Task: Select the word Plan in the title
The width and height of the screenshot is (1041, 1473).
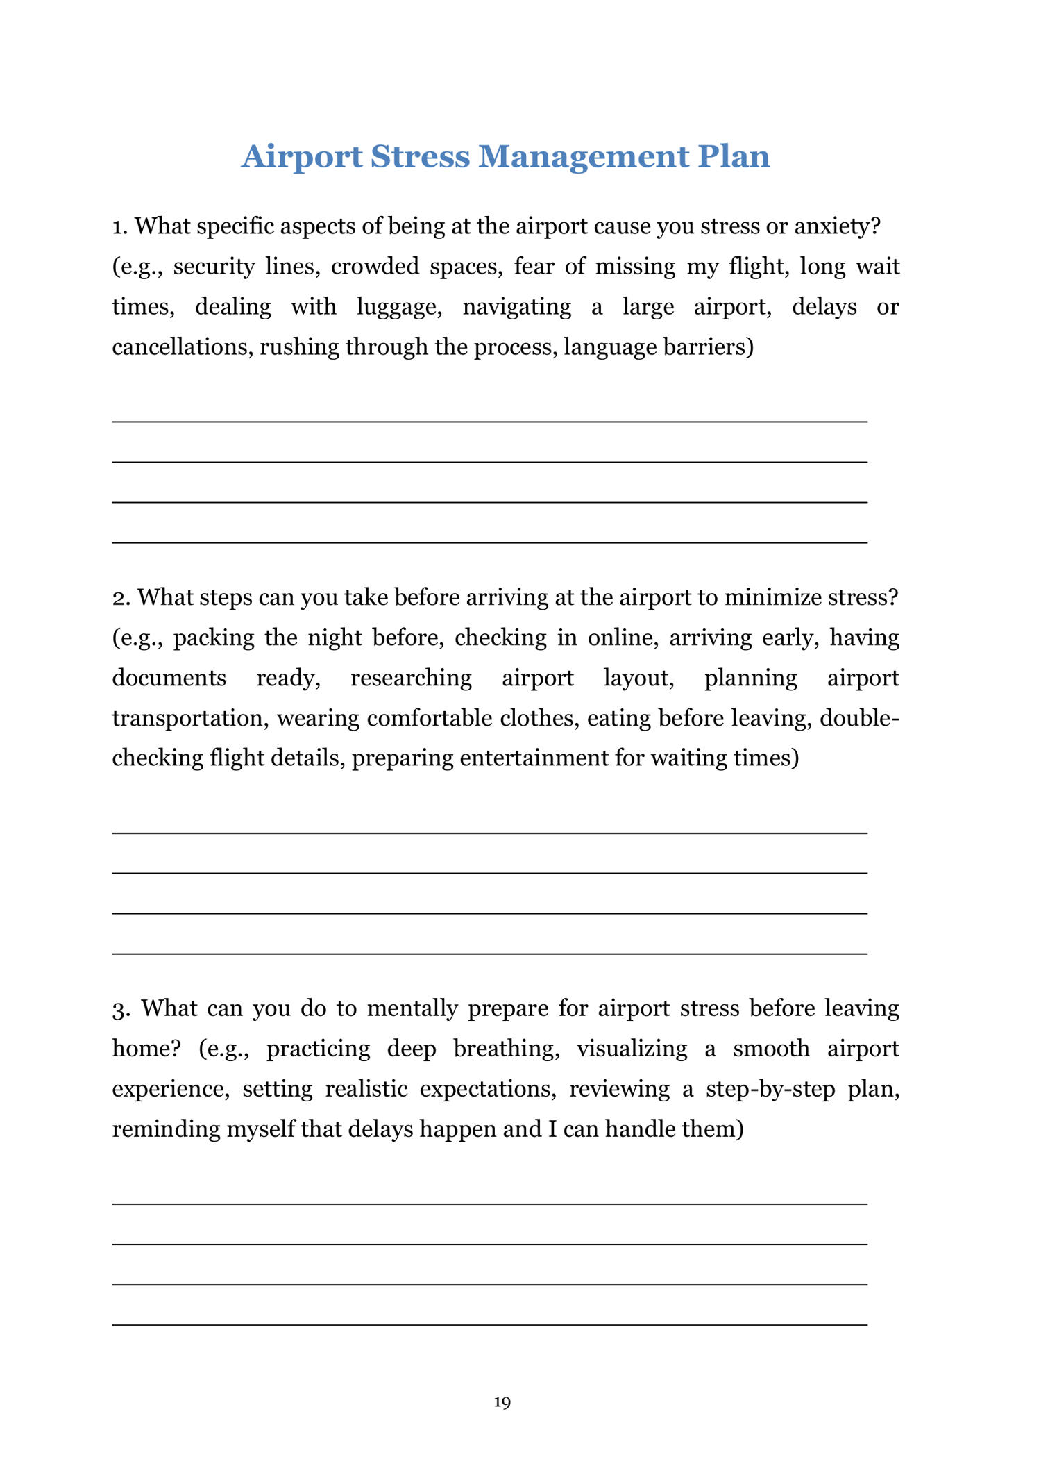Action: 734,156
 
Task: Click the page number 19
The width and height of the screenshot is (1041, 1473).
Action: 502,1402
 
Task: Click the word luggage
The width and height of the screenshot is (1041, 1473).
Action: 399,307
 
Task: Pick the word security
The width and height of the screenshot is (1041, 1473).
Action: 214,267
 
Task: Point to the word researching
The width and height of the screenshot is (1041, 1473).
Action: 411,678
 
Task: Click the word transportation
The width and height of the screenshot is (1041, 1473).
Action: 189,717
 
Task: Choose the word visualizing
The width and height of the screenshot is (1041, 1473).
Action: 632,1048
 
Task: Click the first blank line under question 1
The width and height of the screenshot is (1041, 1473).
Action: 489,421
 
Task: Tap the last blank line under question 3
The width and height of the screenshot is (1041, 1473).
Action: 489,1324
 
